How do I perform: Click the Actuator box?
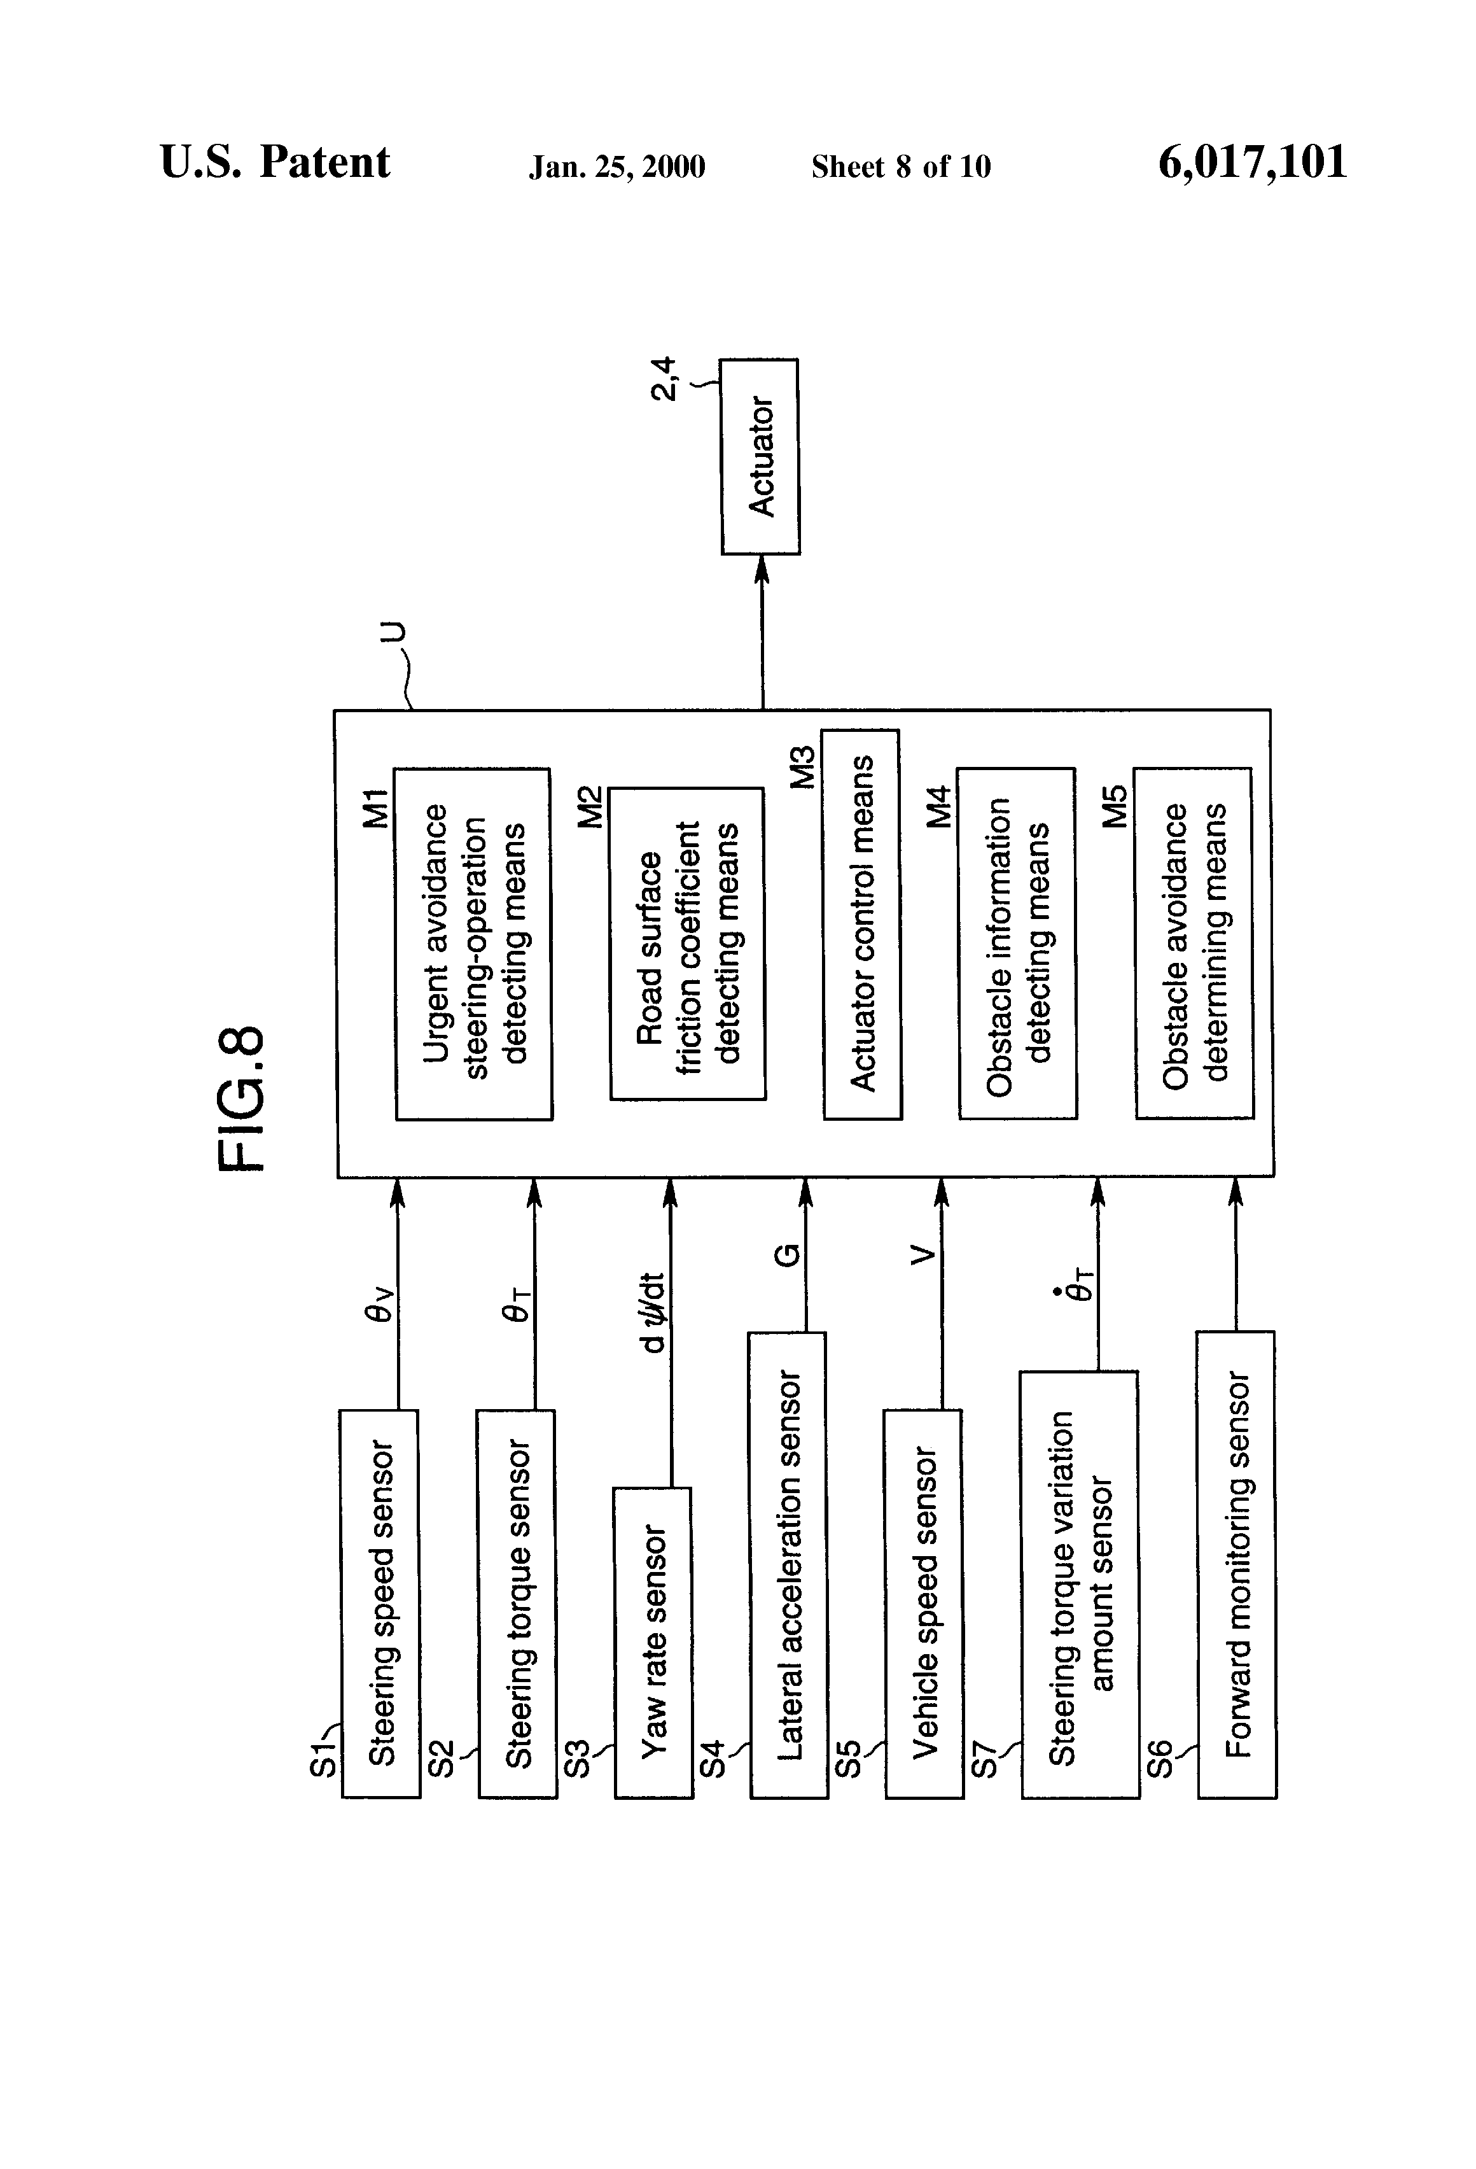[x=760, y=456]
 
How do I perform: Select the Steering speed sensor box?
[x=380, y=1603]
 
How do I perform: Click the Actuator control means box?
[x=862, y=924]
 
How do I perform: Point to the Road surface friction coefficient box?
[x=688, y=944]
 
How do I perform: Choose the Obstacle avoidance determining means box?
[x=1194, y=944]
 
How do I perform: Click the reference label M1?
[x=374, y=808]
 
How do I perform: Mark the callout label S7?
[x=986, y=1761]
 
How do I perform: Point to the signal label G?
[x=788, y=1255]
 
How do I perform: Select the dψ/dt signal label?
[x=654, y=1310]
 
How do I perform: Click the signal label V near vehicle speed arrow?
[x=922, y=1257]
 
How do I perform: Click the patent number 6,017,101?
[x=1252, y=162]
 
